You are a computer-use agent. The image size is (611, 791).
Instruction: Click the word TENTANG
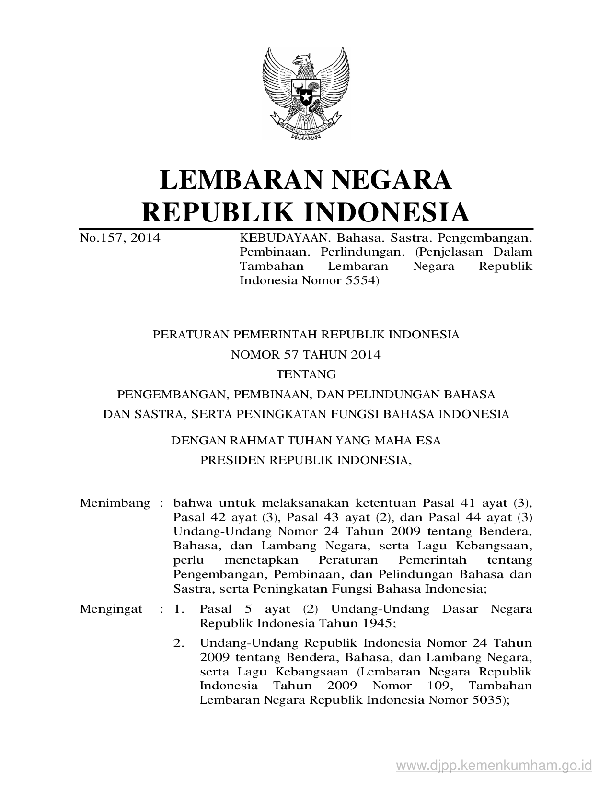click(x=306, y=374)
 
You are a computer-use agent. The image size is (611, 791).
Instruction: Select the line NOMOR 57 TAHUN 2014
click(x=306, y=355)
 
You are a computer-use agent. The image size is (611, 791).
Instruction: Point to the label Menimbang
click(x=115, y=503)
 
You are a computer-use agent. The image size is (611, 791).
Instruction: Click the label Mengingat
click(x=111, y=609)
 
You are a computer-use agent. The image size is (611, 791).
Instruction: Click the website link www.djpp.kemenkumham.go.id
click(x=494, y=764)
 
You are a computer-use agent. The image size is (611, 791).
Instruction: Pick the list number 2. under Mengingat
click(x=179, y=643)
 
